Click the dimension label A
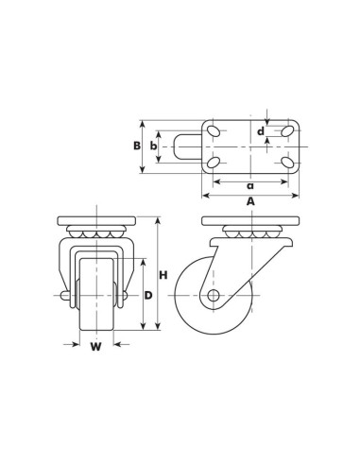pos(249,201)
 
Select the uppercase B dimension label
pos(137,146)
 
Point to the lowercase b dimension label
pos(153,146)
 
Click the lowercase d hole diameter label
pos(261,131)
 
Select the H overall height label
pos(163,275)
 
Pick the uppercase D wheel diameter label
pos(147,296)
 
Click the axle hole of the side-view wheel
pos(214,296)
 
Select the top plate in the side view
pos(250,222)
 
